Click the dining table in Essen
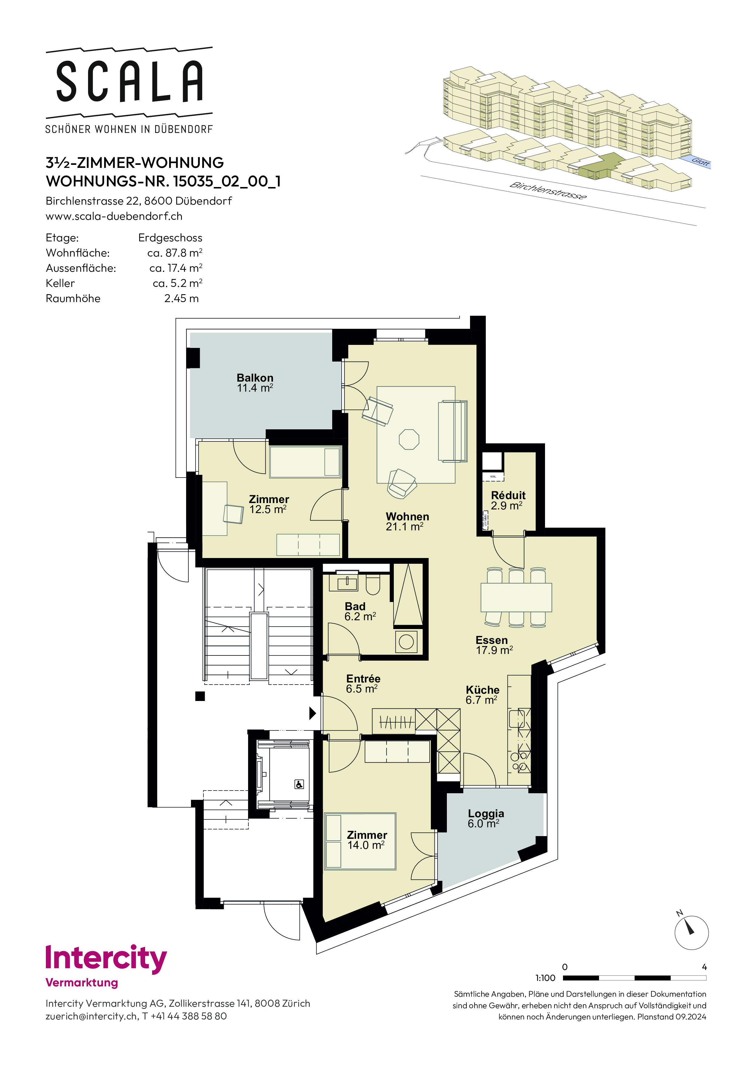click(516, 597)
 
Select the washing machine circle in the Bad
click(406, 642)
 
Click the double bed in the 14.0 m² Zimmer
click(360, 841)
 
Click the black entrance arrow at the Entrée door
click(313, 713)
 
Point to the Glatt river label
click(700, 162)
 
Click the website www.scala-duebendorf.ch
click(114, 216)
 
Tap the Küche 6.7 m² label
click(482, 695)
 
